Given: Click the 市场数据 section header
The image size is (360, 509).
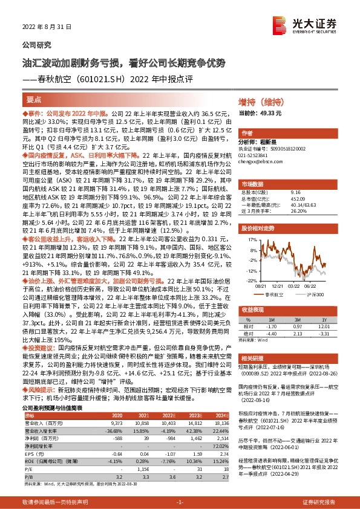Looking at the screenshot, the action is point(254,183).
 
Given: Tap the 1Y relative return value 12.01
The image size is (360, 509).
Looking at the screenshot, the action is point(324,325).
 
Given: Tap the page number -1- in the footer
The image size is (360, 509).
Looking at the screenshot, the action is point(180,502).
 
